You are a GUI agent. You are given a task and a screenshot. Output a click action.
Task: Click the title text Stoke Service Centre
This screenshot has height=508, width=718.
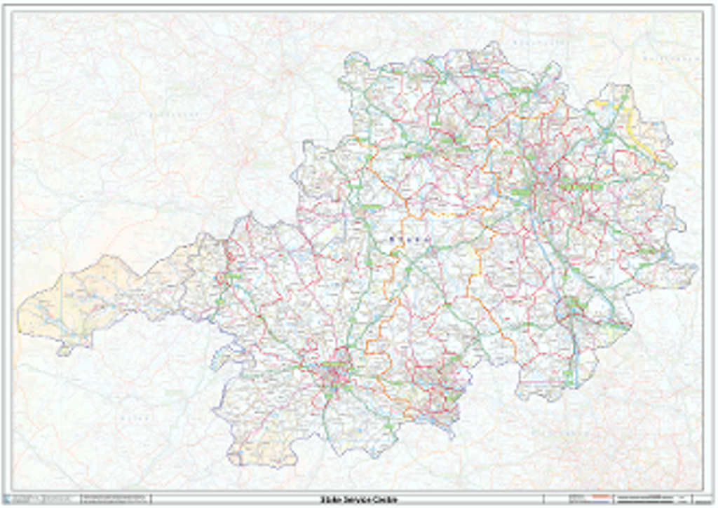click(x=358, y=500)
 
